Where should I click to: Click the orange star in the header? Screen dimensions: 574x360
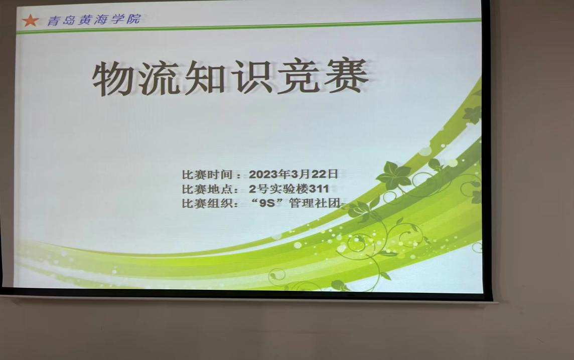click(x=30, y=20)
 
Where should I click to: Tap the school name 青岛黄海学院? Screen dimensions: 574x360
click(x=94, y=20)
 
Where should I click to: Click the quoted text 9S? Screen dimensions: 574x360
click(x=267, y=203)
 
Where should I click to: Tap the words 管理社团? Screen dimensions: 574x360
click(x=315, y=203)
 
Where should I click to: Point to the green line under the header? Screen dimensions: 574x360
click(x=249, y=27)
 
